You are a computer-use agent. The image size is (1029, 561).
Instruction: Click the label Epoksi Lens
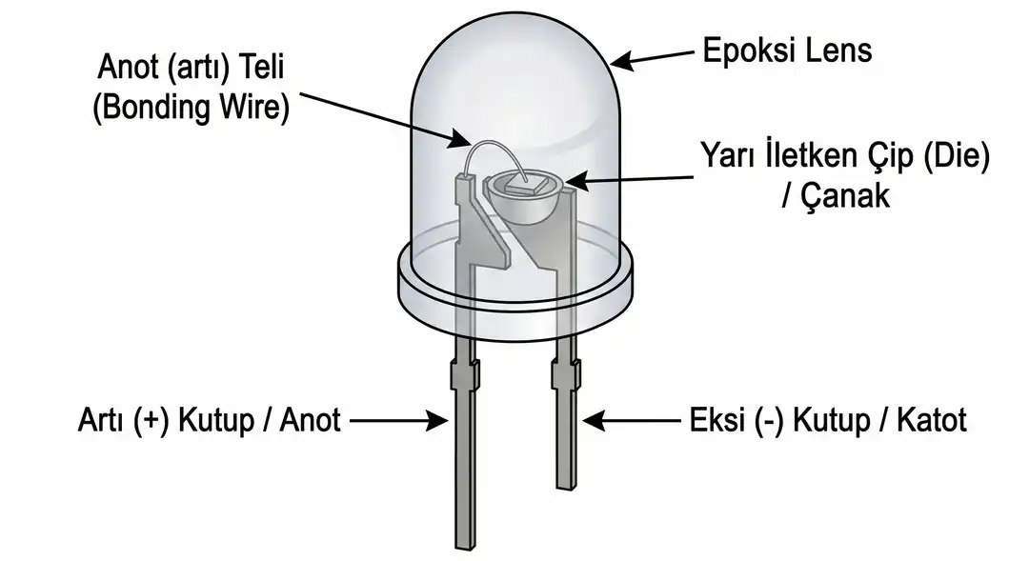(787, 50)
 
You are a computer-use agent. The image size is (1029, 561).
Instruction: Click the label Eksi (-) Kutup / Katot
(827, 419)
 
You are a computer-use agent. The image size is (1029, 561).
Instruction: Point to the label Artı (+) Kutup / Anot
(209, 419)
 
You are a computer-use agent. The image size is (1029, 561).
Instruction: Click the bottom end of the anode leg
(465, 543)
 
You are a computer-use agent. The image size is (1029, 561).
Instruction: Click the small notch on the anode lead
(465, 374)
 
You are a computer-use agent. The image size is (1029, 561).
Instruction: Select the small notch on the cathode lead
(566, 373)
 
